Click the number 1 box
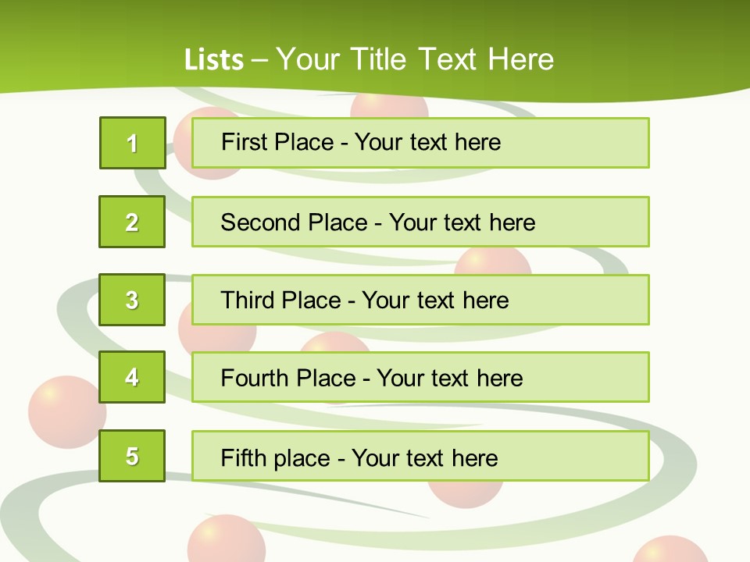coord(133,143)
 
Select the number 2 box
coord(132,222)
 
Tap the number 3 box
coord(132,300)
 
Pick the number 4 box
coord(132,377)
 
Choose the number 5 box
coord(132,456)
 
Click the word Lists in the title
coord(214,60)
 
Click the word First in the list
coord(245,142)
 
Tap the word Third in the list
coord(248,301)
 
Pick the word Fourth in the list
coord(256,379)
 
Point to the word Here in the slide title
coord(520,59)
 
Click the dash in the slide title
coord(259,60)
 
